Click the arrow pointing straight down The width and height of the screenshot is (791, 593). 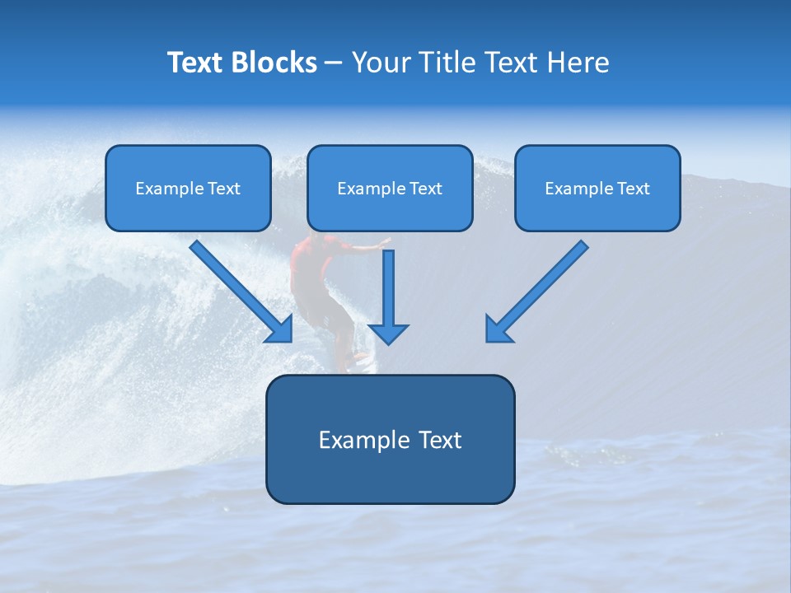click(388, 288)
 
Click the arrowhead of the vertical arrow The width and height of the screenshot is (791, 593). click(388, 333)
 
